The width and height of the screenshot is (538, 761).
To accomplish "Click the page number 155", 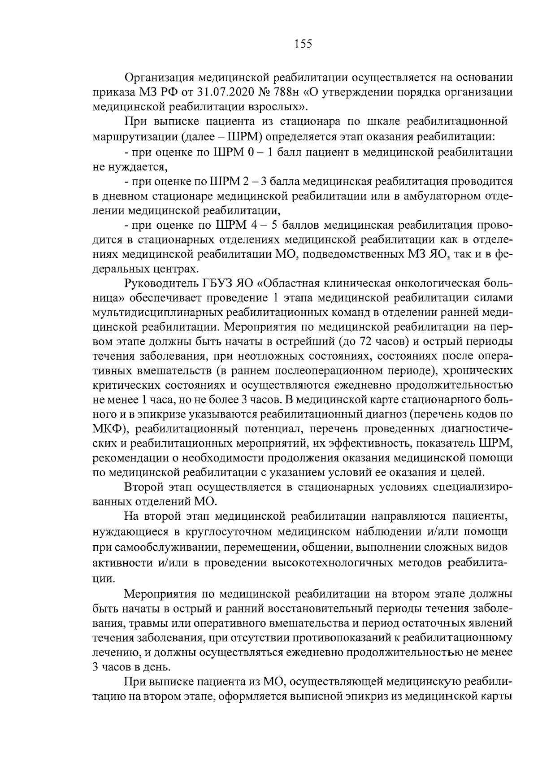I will tap(303, 44).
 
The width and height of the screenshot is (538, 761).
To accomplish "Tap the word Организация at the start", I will tap(158, 78).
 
